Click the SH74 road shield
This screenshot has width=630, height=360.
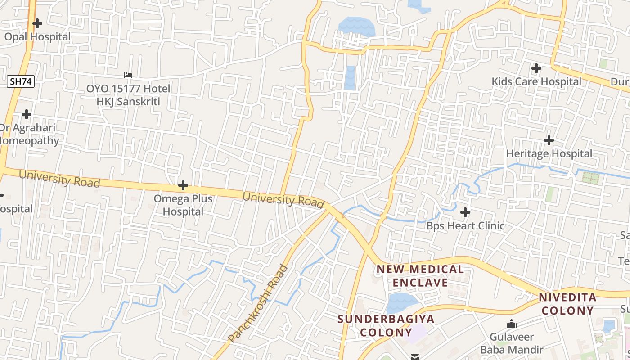click(x=21, y=81)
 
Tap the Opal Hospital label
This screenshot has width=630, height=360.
click(x=37, y=36)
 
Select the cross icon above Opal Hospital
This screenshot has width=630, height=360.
click(x=37, y=23)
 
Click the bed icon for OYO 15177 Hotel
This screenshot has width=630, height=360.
click(x=128, y=75)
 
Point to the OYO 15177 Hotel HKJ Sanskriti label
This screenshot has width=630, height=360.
click(x=128, y=95)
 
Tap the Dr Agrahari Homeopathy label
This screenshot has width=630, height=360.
click(x=28, y=134)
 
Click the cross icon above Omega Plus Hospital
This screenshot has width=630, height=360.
click(x=183, y=185)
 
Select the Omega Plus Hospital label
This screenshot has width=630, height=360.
click(x=183, y=205)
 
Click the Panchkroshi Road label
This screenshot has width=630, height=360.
click(x=257, y=303)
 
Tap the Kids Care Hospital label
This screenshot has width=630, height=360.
click(x=536, y=81)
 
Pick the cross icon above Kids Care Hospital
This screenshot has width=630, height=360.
click(x=536, y=68)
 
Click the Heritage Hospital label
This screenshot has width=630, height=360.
click(x=549, y=153)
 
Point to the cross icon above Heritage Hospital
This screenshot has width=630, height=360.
click(x=549, y=140)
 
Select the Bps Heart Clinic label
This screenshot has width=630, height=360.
click(x=465, y=225)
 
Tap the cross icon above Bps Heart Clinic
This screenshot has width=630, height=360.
click(x=465, y=212)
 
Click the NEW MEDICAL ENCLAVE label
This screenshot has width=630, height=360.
click(x=420, y=276)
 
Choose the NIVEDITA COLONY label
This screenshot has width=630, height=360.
click(x=567, y=304)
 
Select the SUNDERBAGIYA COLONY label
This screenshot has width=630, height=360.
click(x=386, y=325)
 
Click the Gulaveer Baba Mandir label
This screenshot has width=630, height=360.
click(x=512, y=343)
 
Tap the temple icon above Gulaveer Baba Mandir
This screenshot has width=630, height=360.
click(x=511, y=324)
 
